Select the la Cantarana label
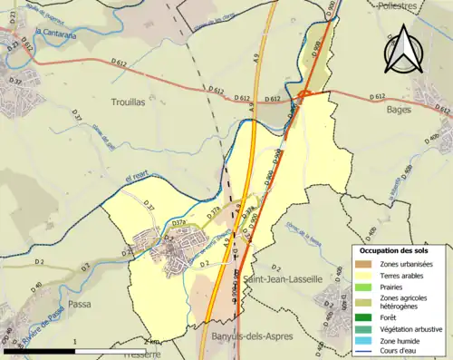click(55, 31)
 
